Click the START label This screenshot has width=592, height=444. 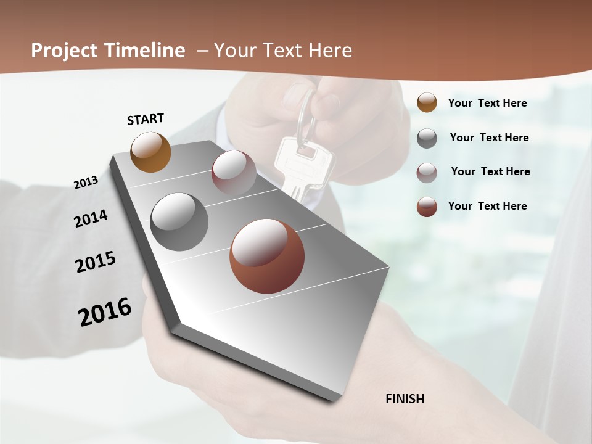pyautogui.click(x=146, y=119)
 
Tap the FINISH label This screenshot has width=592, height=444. pyautogui.click(x=405, y=399)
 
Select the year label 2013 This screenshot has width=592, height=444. pyautogui.click(x=86, y=183)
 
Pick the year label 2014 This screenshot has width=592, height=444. pyautogui.click(x=91, y=218)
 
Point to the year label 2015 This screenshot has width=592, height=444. pyautogui.click(x=96, y=262)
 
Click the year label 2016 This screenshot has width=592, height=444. pyautogui.click(x=105, y=311)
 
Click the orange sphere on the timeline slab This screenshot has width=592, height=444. pyautogui.click(x=151, y=152)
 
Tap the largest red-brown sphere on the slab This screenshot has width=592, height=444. pyautogui.click(x=267, y=255)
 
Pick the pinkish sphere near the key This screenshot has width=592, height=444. pyautogui.click(x=234, y=173)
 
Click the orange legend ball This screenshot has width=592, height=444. pyautogui.click(x=427, y=103)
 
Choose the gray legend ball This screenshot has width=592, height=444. pyautogui.click(x=427, y=138)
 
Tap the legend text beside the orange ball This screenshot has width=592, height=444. pyautogui.click(x=487, y=103)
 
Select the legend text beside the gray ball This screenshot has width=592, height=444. pyautogui.click(x=489, y=138)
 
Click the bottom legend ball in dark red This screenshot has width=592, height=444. pyautogui.click(x=427, y=207)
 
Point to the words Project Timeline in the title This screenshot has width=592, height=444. pyautogui.click(x=108, y=51)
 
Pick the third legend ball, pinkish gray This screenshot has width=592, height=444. pyautogui.click(x=427, y=173)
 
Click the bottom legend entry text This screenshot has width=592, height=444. pyautogui.click(x=487, y=206)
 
